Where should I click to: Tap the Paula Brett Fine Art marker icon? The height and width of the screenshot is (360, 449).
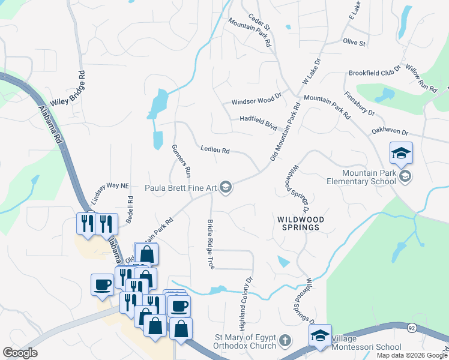point(226,188)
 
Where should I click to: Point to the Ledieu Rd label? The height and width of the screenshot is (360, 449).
point(215,150)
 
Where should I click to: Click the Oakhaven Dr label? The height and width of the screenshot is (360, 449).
point(389,133)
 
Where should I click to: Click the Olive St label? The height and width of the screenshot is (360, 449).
point(354,43)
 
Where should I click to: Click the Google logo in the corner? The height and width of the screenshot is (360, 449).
point(20,353)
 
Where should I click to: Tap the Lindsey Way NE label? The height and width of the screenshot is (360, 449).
point(110,187)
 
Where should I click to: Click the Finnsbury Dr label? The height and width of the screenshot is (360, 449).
point(360,103)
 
